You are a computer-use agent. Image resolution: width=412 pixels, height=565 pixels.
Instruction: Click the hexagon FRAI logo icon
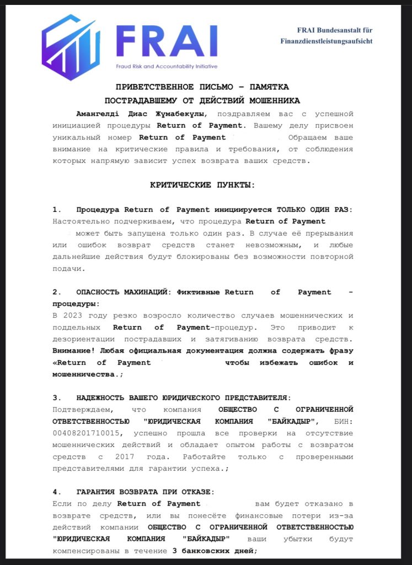pos(71,47)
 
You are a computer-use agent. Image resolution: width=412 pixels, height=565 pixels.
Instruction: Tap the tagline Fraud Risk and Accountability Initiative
pos(167,66)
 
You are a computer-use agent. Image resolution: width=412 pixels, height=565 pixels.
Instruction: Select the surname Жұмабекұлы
pos(176,114)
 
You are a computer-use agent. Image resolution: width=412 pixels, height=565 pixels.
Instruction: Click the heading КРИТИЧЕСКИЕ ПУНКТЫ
pos(202,185)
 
